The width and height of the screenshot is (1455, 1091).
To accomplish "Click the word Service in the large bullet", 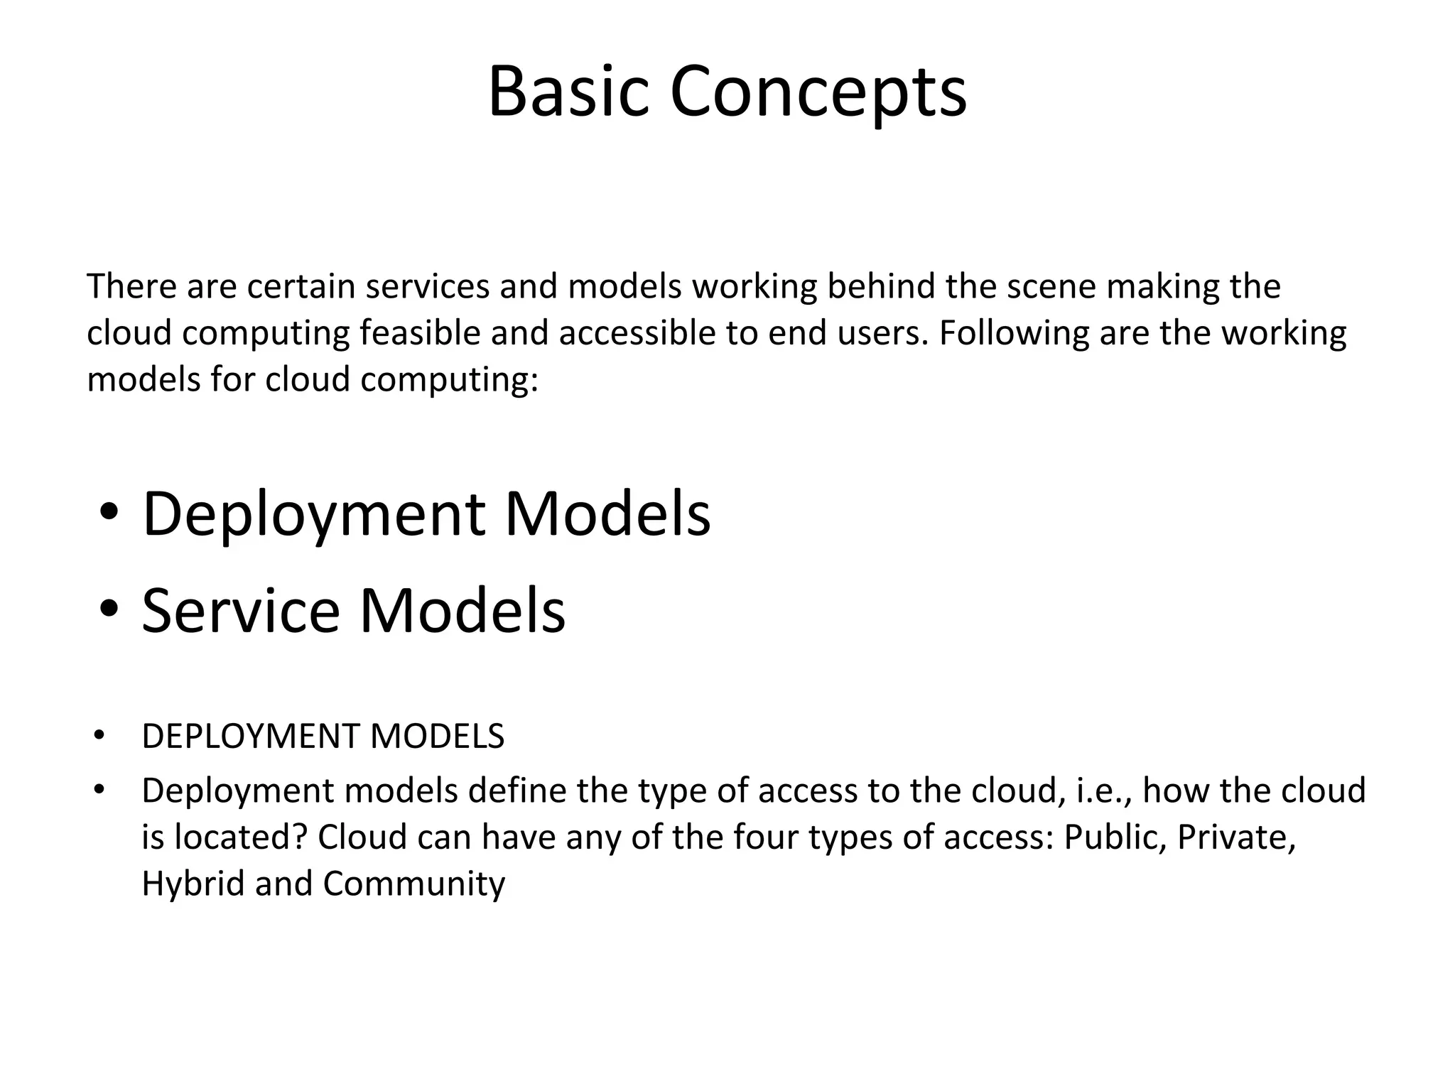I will point(241,609).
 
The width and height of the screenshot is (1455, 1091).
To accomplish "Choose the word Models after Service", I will point(463,609).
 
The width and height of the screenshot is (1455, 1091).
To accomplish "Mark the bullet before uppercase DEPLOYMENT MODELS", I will point(99,736).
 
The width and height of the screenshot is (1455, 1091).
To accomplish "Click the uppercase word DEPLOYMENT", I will point(251,737).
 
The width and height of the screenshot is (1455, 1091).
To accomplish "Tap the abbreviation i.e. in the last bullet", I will point(1103,791).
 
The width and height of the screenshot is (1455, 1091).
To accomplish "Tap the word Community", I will point(414,884).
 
